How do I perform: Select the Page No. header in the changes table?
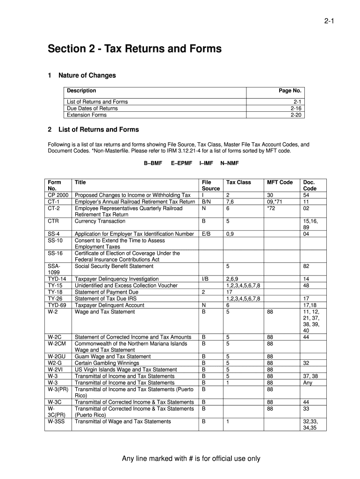click(290, 91)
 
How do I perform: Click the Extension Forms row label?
click(86, 115)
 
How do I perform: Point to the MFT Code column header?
click(280, 182)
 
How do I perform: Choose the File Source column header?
click(210, 185)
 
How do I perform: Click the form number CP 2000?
click(58, 195)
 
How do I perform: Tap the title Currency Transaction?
click(100, 221)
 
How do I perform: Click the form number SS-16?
click(55, 253)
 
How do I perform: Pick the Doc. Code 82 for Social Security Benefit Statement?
click(306, 266)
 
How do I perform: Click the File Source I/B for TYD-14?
click(205, 279)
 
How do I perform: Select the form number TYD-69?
click(57, 305)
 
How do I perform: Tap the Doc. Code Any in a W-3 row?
click(308, 382)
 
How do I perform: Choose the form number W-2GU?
click(57, 356)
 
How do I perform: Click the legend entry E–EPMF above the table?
click(181, 164)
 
